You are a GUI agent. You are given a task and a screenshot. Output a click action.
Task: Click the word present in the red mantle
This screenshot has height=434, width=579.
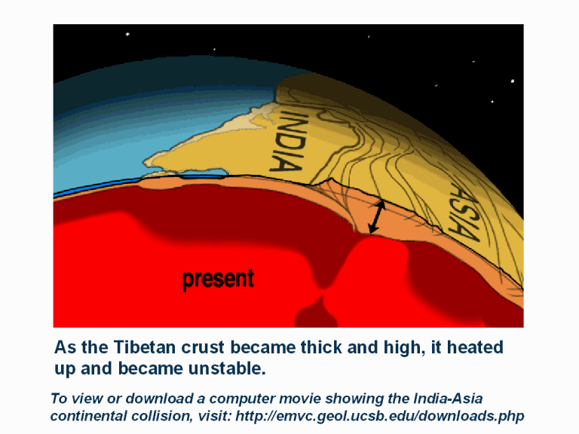pos(218,280)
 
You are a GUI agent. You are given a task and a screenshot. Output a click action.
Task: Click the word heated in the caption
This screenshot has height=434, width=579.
pos(475,347)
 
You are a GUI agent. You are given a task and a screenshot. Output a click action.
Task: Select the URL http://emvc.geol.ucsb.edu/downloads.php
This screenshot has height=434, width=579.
pos(380,416)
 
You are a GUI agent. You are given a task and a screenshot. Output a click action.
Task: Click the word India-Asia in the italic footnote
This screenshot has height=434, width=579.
pos(448,399)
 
